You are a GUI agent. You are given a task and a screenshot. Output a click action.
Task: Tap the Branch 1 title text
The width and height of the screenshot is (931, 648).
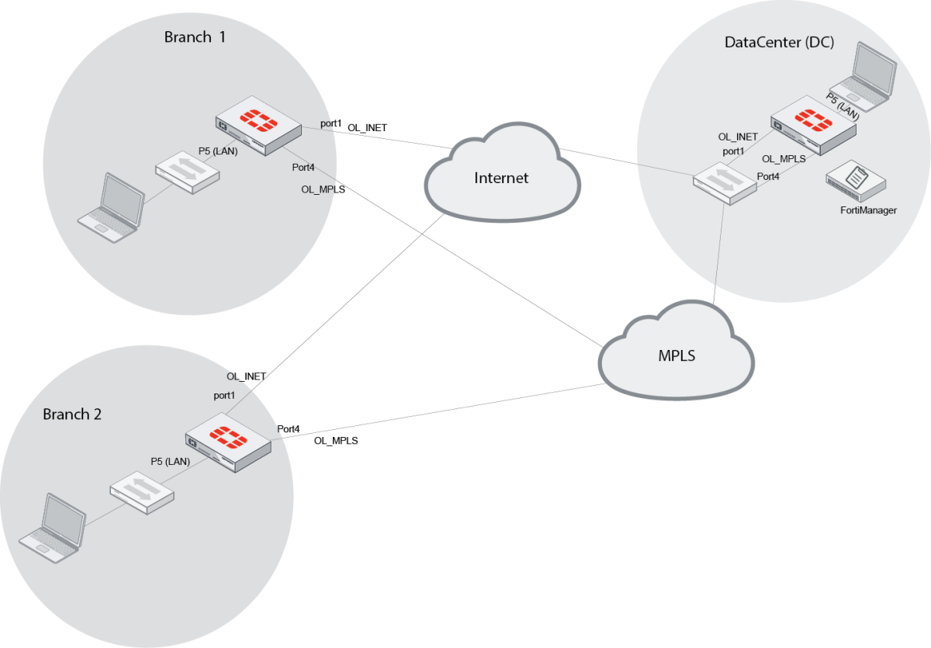pyautogui.click(x=195, y=36)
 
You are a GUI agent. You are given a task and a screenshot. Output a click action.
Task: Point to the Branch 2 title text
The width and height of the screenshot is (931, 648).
pyautogui.click(x=72, y=414)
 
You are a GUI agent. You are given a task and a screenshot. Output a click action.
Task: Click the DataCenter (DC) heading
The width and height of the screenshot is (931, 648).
pyautogui.click(x=779, y=42)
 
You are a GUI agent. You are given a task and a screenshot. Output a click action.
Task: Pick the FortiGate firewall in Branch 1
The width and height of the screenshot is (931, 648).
pyautogui.click(x=258, y=125)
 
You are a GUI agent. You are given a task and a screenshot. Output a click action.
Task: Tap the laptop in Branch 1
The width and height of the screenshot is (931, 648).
pyautogui.click(x=112, y=208)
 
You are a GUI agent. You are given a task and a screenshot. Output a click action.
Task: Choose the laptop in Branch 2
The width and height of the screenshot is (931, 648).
pyautogui.click(x=52, y=527)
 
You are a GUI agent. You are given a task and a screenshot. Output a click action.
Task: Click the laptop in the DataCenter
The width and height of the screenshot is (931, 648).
pyautogui.click(x=863, y=75)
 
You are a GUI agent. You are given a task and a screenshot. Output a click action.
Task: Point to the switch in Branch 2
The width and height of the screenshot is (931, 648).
pyautogui.click(x=142, y=494)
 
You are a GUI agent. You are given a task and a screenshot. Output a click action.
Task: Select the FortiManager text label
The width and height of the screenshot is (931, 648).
pyautogui.click(x=868, y=210)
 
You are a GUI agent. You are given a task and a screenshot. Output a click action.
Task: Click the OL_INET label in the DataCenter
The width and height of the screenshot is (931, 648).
pyautogui.click(x=738, y=137)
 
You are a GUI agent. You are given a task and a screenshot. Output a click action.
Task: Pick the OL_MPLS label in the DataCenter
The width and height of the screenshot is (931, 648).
pyautogui.click(x=784, y=158)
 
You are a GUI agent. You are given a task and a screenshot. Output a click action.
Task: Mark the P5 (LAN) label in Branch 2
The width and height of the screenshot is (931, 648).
pyautogui.click(x=170, y=461)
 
